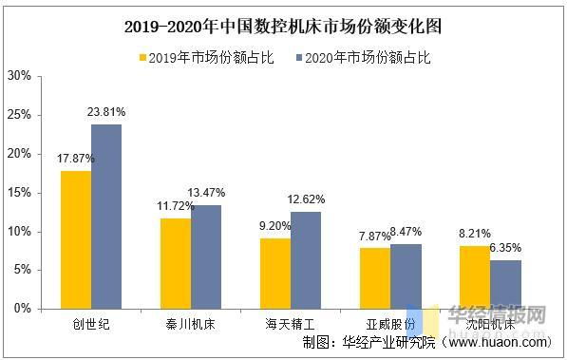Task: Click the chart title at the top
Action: coord(283,26)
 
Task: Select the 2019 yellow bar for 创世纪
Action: coord(76,239)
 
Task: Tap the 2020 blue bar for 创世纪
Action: coord(106,217)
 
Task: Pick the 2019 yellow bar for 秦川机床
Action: coord(175,263)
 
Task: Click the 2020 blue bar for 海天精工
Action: coord(306,260)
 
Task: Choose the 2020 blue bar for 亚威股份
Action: coord(406,276)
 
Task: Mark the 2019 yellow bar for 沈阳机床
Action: coord(474,277)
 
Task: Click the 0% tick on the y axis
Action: coord(22,309)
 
